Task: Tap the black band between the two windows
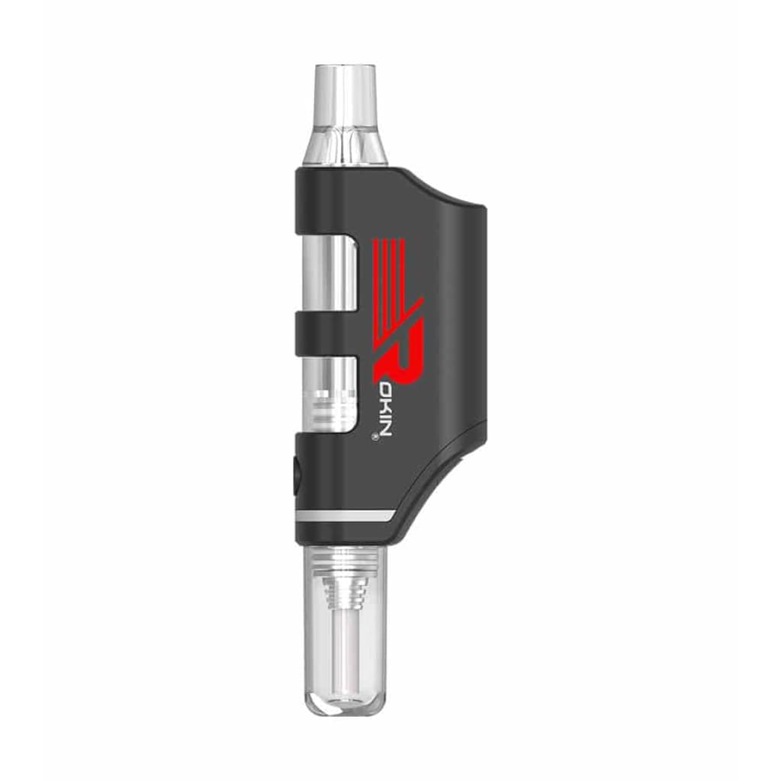coord(328,334)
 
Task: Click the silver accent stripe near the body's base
coord(343,516)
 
